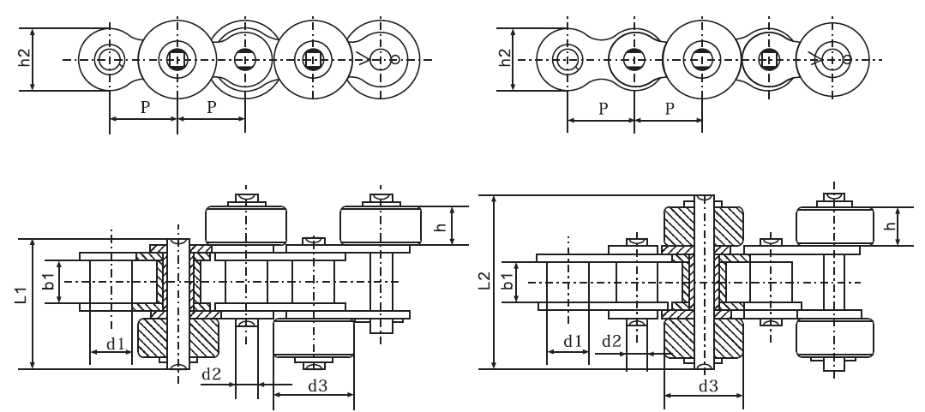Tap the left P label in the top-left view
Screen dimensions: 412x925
142,110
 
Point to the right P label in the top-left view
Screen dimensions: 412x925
211,110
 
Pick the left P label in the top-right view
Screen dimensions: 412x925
602,110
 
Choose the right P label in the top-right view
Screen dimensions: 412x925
670,110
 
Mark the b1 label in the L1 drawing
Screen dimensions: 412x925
50,282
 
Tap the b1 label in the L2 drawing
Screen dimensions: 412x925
507,282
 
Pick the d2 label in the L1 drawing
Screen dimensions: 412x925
211,374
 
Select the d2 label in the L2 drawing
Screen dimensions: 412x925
611,341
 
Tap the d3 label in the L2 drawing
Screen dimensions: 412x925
707,385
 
